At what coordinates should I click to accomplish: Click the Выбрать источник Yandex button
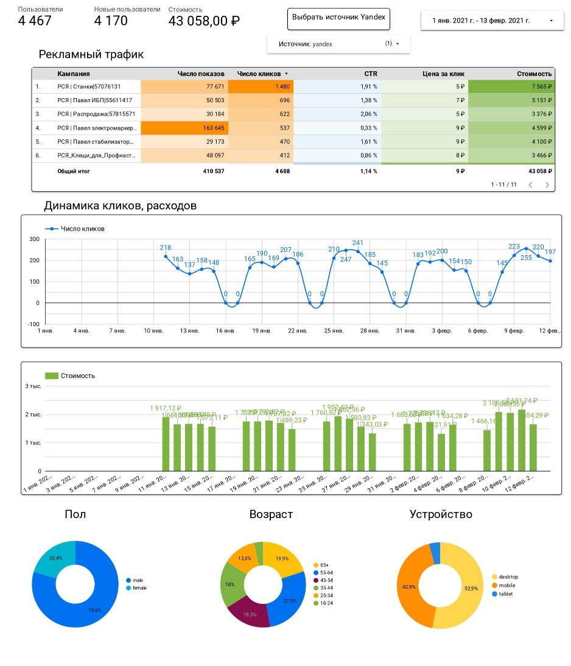(338, 18)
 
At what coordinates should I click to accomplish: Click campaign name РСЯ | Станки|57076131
(89, 86)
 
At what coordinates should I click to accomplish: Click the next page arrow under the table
(547, 184)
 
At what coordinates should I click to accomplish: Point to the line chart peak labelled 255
(526, 248)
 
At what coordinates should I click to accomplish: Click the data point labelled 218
(166, 256)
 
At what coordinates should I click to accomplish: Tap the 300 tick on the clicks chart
(34, 239)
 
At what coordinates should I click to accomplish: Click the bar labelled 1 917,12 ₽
(166, 444)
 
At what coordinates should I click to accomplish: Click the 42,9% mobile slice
(409, 587)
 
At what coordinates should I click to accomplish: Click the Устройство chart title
(441, 514)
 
